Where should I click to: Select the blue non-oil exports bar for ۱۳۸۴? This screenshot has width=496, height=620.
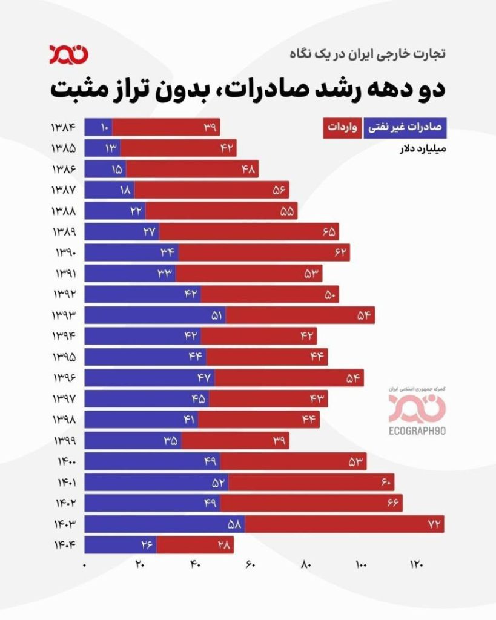tap(98, 127)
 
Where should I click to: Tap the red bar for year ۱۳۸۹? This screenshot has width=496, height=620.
tap(248, 231)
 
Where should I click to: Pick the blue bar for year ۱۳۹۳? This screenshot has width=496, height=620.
tap(154, 315)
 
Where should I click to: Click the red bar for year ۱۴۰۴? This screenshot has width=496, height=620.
tap(194, 545)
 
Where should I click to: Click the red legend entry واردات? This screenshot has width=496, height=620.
tap(342, 127)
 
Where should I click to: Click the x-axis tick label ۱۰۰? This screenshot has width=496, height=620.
tap(362, 565)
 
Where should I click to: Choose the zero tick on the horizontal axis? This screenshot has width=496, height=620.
tap(85, 565)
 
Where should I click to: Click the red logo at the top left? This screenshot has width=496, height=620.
tap(69, 53)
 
